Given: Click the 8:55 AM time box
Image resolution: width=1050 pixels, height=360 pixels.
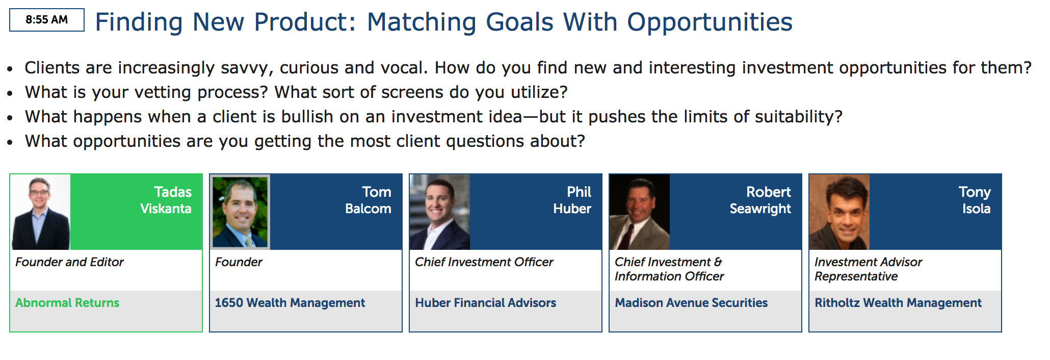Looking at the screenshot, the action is [x=47, y=20].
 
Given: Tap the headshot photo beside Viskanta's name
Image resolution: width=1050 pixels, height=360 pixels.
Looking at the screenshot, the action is [x=41, y=212].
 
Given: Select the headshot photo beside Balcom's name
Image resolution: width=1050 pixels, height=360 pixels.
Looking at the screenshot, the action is [x=241, y=212].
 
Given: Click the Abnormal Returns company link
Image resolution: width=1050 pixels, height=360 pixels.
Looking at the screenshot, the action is [x=67, y=303].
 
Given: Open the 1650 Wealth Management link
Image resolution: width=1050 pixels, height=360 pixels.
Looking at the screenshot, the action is [x=290, y=303].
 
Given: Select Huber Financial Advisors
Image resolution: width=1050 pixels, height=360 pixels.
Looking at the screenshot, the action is [x=486, y=303].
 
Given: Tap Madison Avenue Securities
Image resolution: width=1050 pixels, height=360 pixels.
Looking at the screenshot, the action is [x=691, y=303].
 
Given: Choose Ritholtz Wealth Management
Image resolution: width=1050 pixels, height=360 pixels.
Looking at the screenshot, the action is [x=898, y=303].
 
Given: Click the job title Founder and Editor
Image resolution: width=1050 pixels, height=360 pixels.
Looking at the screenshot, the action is [x=70, y=262].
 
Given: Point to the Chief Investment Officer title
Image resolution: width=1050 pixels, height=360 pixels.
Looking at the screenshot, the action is [x=484, y=262].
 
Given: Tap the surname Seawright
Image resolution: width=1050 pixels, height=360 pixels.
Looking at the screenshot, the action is [x=760, y=209].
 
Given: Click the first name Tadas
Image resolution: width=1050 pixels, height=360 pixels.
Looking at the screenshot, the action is [x=173, y=192].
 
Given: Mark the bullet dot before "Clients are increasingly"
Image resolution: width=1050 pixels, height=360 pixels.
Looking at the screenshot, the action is [x=10, y=69].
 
